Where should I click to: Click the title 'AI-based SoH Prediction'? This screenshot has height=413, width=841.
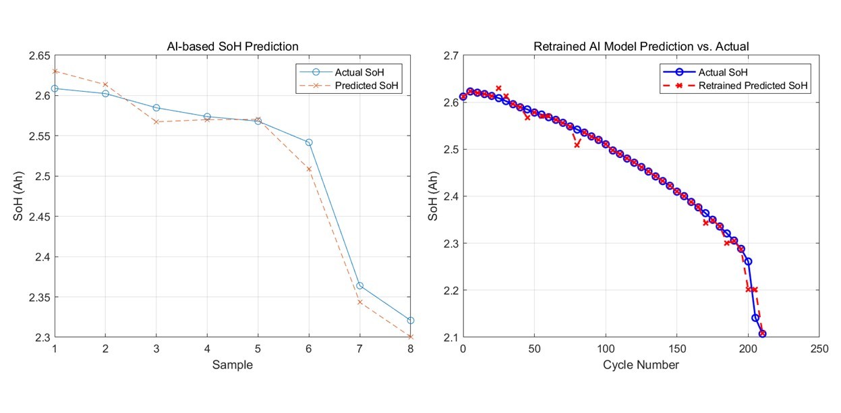(232, 47)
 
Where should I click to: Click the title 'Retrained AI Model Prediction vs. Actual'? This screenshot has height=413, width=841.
(641, 47)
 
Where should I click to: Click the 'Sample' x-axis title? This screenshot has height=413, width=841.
(232, 365)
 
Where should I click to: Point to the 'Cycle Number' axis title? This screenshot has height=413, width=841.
(641, 365)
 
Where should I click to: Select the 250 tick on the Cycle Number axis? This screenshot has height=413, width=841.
(819, 350)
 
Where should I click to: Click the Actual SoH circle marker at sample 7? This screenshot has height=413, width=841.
(360, 285)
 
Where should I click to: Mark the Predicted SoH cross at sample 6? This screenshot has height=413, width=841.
(309, 169)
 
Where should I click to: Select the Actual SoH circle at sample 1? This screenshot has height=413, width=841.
(55, 88)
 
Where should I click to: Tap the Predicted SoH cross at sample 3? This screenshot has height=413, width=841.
(156, 121)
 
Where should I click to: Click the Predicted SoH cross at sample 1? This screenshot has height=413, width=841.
(55, 71)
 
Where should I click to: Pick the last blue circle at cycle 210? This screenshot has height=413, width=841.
(762, 333)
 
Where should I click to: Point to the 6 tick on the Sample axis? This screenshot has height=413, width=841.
(309, 350)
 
